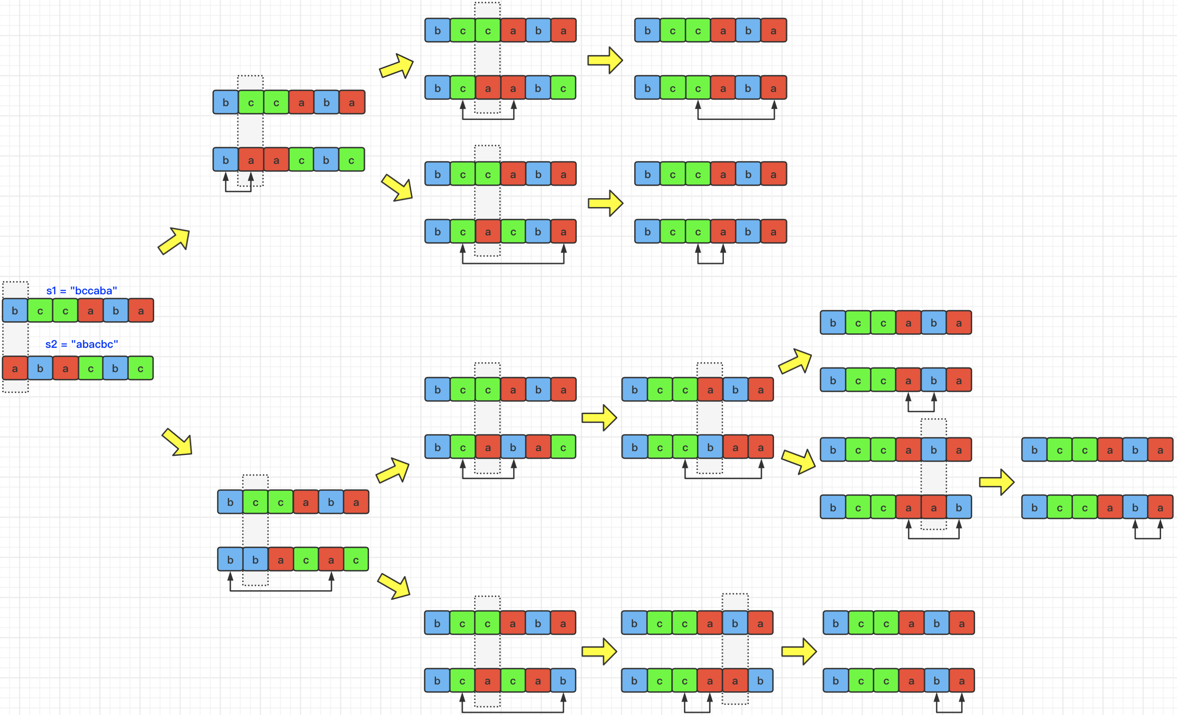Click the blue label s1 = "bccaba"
point(81,291)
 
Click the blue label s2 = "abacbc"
point(81,344)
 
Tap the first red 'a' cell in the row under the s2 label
point(15,368)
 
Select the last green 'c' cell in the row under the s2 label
point(140,368)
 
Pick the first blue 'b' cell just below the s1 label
point(15,311)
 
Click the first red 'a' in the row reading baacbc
point(251,160)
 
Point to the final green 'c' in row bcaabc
point(563,88)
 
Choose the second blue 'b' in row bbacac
point(255,560)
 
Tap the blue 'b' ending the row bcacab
point(563,681)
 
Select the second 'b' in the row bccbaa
point(710,447)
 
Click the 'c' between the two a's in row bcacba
point(513,232)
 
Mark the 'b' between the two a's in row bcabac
point(513,447)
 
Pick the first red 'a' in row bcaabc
point(488,88)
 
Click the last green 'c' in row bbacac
point(356,560)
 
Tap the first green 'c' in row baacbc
point(301,160)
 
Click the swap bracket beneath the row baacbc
point(238,191)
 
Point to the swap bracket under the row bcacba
point(513,263)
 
